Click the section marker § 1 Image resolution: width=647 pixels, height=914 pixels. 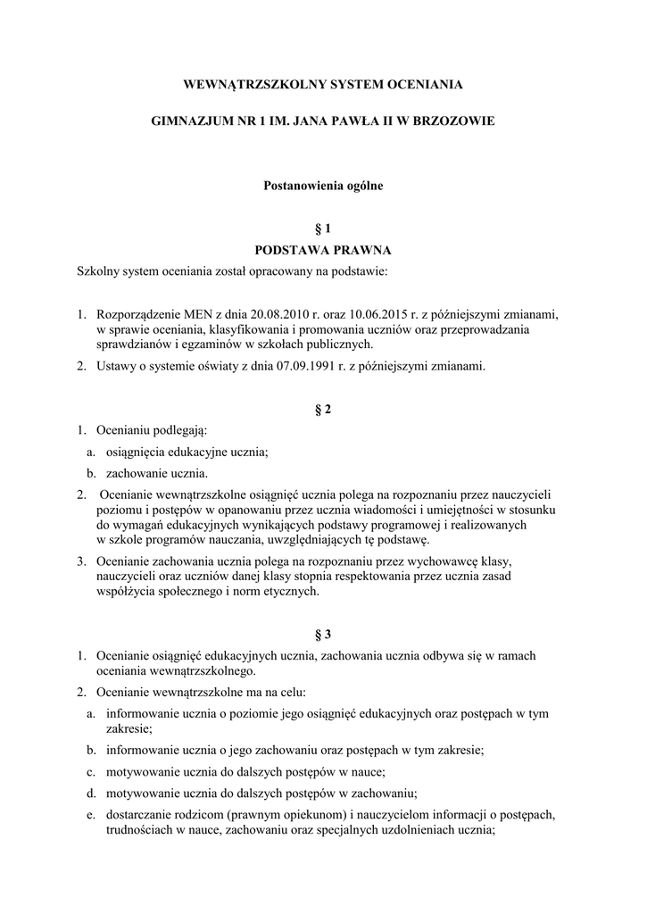pyautogui.click(x=323, y=228)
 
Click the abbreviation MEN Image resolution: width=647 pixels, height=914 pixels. pyautogui.click(x=197, y=314)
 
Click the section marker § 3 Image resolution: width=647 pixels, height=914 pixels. pyautogui.click(x=323, y=635)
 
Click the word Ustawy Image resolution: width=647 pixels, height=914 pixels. pyautogui.click(x=115, y=365)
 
